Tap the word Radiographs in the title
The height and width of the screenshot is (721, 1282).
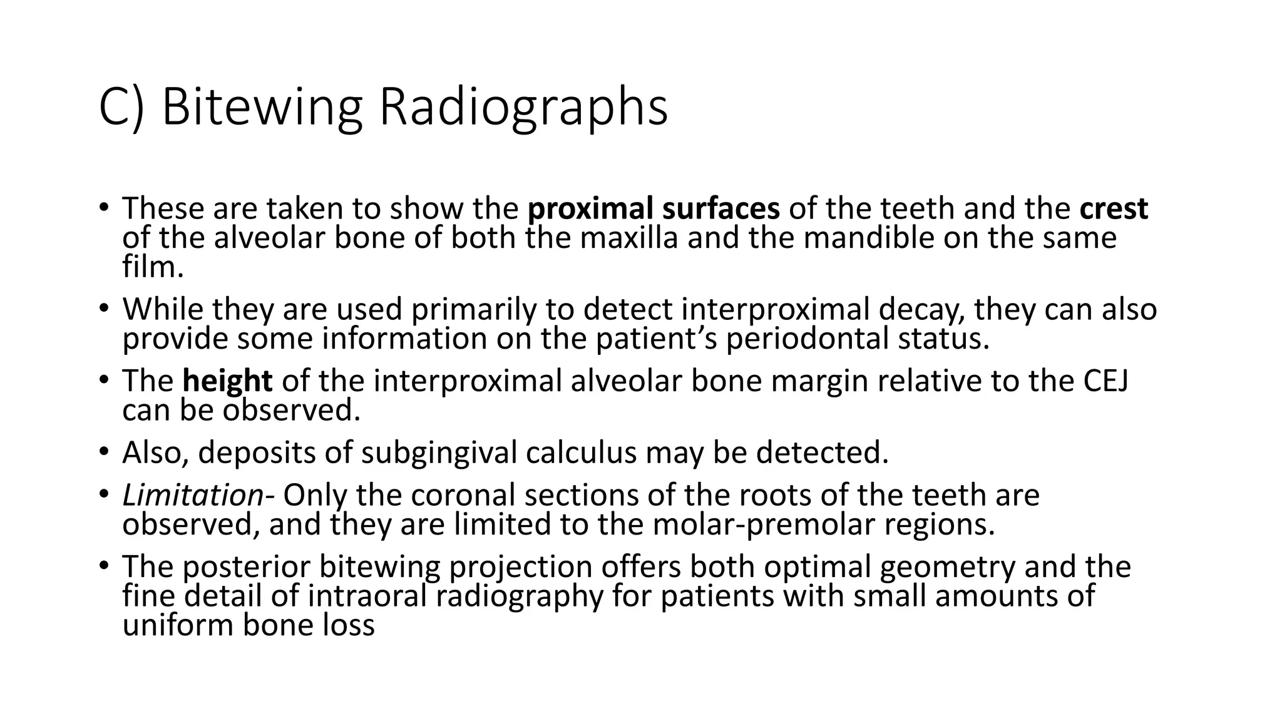pos(523,108)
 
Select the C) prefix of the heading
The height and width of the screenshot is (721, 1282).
pos(122,108)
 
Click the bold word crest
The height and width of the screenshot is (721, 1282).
pos(1114,208)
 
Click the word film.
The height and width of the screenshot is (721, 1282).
pos(151,267)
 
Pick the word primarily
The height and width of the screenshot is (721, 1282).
pos(477,309)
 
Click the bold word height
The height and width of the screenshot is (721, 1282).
pos(227,381)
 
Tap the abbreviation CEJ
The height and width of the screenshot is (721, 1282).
pos(1105,381)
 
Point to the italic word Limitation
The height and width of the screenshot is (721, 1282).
pos(193,495)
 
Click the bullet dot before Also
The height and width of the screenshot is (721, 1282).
pos(104,451)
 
